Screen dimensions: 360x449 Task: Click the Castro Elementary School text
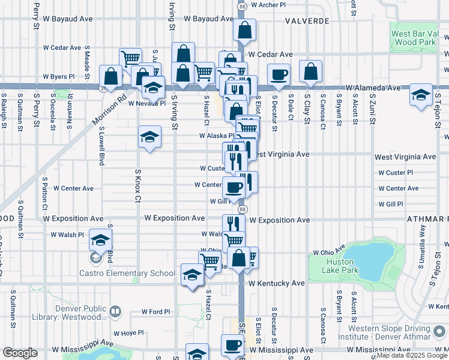[127, 273]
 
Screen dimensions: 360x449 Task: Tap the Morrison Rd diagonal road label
[110, 109]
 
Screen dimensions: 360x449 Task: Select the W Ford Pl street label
[157, 312]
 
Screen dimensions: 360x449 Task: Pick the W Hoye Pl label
[128, 332]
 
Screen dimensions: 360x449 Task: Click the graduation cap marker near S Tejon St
[421, 95]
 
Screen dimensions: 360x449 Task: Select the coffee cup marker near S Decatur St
[279, 74]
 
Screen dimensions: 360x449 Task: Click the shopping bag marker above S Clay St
[310, 71]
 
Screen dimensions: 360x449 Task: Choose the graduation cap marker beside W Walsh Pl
[100, 240]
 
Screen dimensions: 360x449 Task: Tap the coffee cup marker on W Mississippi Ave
[233, 346]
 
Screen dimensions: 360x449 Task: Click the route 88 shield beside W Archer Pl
[241, 5]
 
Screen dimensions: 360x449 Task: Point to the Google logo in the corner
[20, 353]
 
